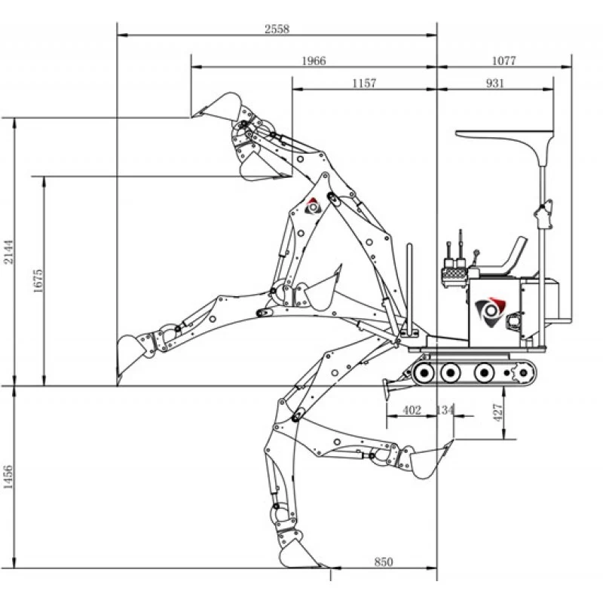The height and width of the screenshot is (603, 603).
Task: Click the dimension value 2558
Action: pyautogui.click(x=277, y=29)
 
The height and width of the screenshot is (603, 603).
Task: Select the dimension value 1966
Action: pyautogui.click(x=313, y=61)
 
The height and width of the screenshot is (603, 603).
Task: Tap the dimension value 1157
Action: pyautogui.click(x=364, y=83)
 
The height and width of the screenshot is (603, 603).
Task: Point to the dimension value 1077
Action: pyautogui.click(x=504, y=61)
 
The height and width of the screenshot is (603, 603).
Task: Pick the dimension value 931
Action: pyautogui.click(x=495, y=83)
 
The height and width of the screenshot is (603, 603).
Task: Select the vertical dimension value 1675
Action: pyautogui.click(x=39, y=280)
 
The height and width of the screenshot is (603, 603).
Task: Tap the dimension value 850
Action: pyautogui.click(x=383, y=562)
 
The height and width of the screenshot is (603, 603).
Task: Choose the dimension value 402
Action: pyautogui.click(x=412, y=410)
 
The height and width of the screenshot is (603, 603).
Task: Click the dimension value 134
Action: pyautogui.click(x=445, y=410)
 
